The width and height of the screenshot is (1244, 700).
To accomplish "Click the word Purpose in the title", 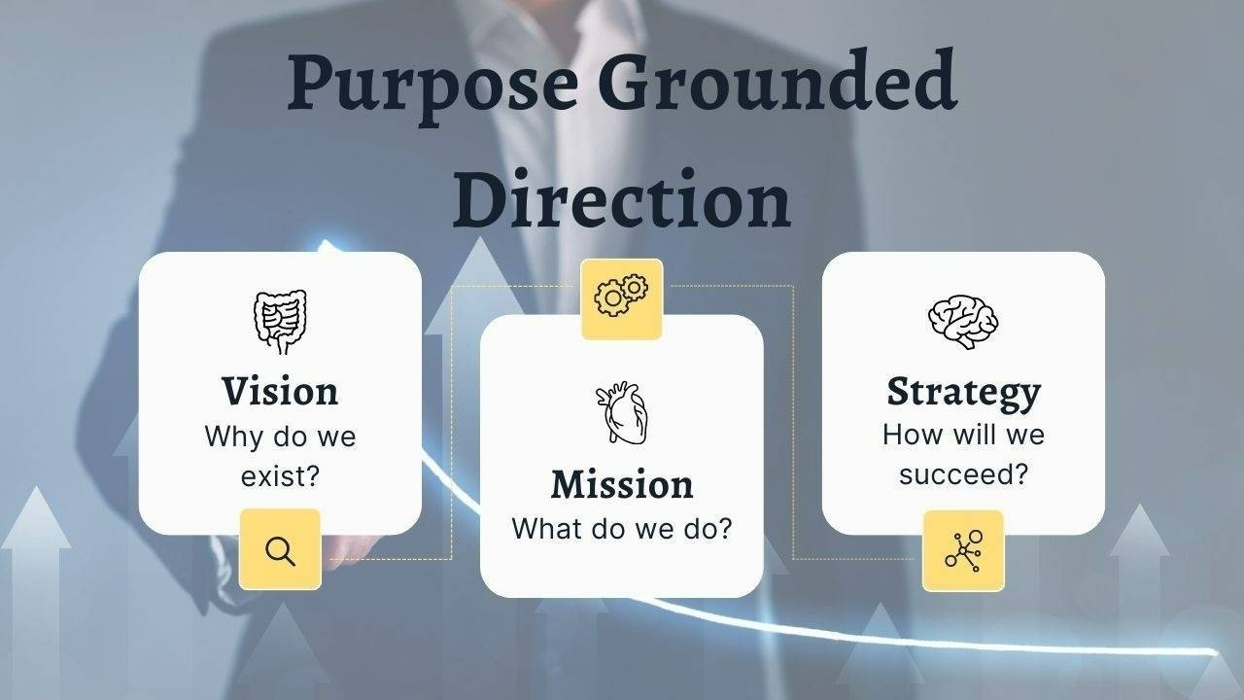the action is (x=432, y=87).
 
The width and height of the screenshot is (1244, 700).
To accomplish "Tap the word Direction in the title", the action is (x=622, y=198).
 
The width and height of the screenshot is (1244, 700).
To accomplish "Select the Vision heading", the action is (x=280, y=392).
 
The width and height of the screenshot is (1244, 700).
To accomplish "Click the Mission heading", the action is (x=622, y=484).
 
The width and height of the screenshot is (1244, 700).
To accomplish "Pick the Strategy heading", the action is (x=963, y=394).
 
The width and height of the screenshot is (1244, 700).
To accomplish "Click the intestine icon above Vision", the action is (x=280, y=322).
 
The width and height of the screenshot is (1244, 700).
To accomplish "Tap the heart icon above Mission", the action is (x=622, y=412).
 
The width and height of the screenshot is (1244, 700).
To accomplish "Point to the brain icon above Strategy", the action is (x=963, y=322).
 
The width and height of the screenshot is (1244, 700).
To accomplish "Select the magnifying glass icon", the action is (x=280, y=551).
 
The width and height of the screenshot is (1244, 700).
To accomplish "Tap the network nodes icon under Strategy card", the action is (x=963, y=551).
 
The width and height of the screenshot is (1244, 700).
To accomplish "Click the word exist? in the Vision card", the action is (x=280, y=476).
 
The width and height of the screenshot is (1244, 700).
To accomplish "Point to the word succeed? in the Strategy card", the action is (x=963, y=474).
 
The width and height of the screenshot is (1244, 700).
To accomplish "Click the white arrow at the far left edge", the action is (x=36, y=589).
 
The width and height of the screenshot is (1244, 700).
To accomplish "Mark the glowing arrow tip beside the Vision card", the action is (x=327, y=246).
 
